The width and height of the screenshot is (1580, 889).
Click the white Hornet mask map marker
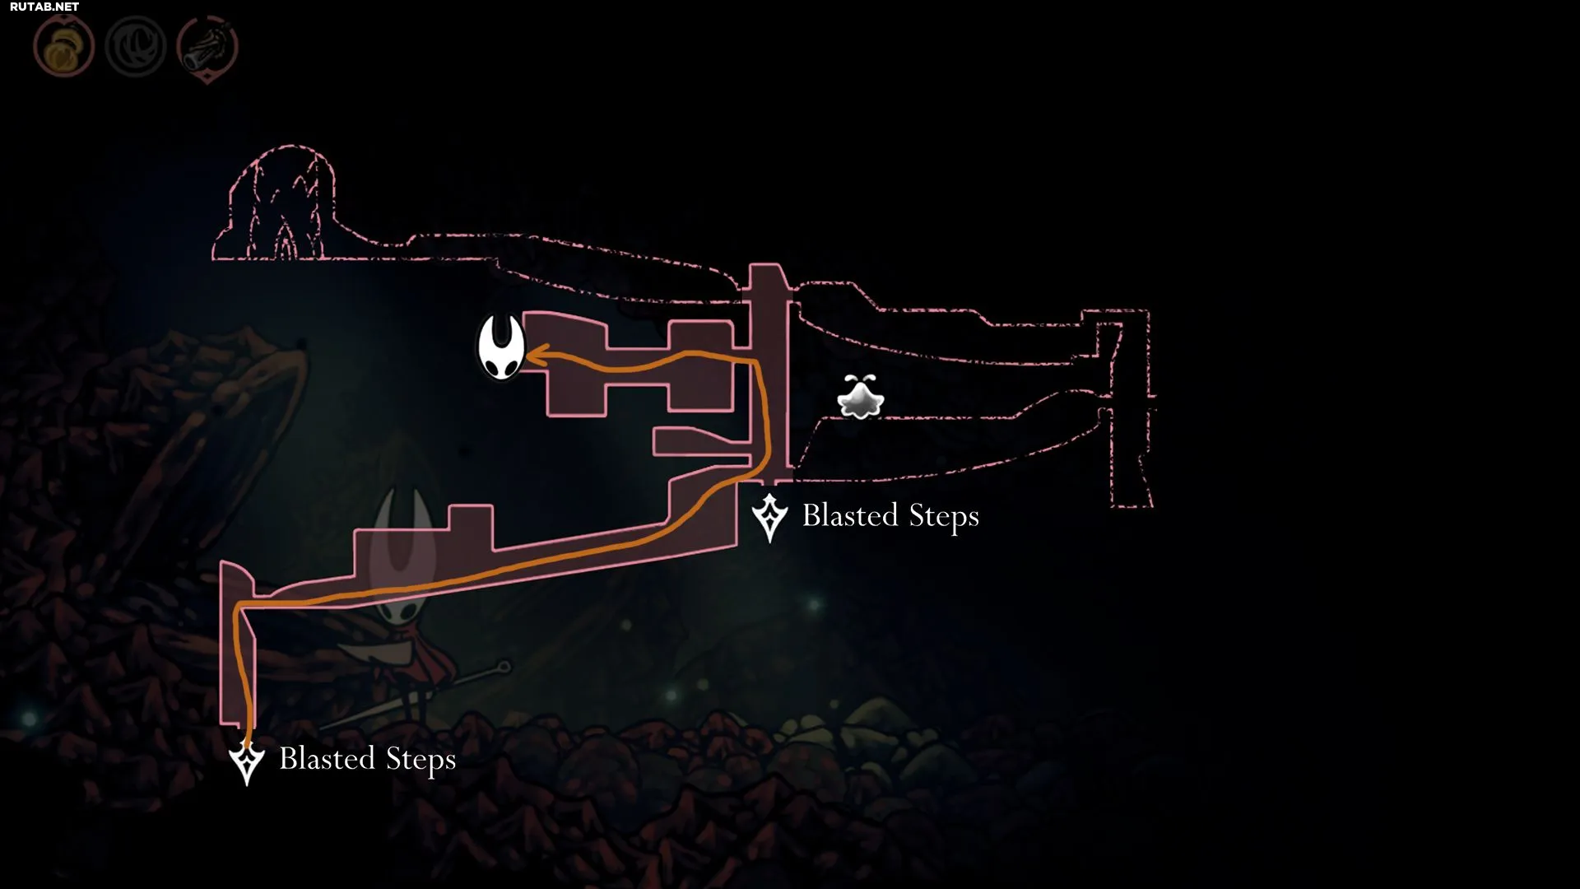501,348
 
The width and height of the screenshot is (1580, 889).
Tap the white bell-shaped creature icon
860,398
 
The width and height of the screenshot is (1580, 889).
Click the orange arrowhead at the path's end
537,356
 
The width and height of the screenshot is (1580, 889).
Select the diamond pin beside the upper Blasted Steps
770,518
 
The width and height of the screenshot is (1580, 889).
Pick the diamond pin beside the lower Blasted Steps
246,761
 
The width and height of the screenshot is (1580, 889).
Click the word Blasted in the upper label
850,515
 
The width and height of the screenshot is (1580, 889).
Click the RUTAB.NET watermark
44,7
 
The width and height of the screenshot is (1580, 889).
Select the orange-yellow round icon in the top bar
63,48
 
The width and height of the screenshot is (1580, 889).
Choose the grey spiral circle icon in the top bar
136,48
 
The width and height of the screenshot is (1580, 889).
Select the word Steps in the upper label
944,517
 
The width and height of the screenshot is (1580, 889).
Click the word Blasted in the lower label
328,758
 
